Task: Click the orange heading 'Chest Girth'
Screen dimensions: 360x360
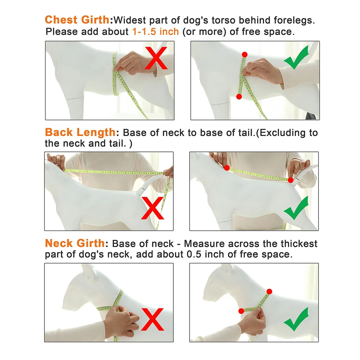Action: tap(77, 20)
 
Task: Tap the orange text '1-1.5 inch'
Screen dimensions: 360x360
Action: tap(156, 31)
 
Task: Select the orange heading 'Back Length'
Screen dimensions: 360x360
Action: tap(80, 132)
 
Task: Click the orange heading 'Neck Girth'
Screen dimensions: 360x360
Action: tap(75, 243)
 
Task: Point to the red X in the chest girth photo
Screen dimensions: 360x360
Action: tap(156, 58)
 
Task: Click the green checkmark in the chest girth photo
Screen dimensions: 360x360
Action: tap(296, 57)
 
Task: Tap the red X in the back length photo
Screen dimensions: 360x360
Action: tap(152, 208)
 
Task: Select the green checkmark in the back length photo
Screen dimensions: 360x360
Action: tap(296, 208)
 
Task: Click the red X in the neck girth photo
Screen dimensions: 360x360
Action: tap(152, 319)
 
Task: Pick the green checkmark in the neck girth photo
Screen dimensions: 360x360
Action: tap(296, 319)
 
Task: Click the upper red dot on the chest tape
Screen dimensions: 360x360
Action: tap(244, 55)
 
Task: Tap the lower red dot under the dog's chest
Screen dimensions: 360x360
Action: tap(239, 96)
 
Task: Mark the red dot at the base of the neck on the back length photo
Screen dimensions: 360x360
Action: tap(227, 168)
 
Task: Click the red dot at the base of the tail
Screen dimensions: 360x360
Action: tap(291, 180)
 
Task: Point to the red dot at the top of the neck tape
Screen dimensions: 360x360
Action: tap(269, 292)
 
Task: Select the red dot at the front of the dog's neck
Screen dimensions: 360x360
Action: tap(241, 311)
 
